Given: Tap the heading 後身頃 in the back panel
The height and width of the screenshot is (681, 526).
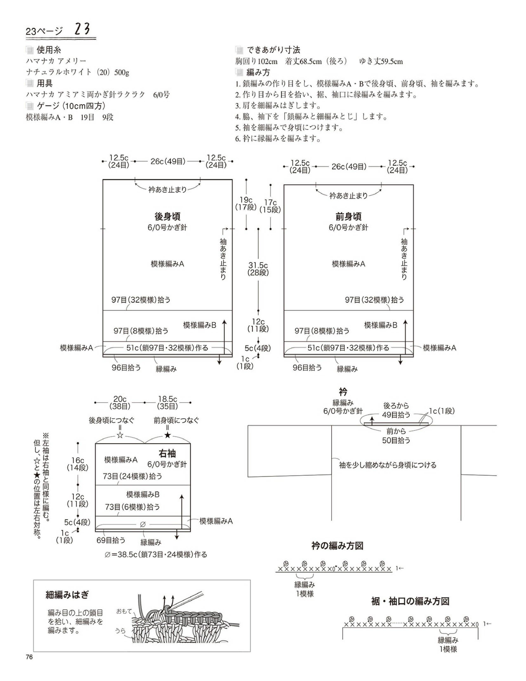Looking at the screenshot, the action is coord(167,216).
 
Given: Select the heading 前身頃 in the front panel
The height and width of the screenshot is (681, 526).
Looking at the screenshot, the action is coord(348,216).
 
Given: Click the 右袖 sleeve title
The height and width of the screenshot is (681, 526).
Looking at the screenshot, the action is coord(167,453).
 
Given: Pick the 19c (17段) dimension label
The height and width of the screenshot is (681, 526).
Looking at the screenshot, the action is coord(246,203).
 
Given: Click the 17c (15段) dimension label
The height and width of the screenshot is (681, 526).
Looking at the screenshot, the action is coord(270,206).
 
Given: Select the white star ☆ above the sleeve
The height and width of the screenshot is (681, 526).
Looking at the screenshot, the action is coord(120,435).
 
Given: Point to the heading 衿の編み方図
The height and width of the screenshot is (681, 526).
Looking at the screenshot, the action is coord(337,546).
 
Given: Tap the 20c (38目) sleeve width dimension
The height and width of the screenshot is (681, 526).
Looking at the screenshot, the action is coord(120,403).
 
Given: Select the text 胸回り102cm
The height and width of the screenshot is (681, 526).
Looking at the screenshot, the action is coord(256,61).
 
